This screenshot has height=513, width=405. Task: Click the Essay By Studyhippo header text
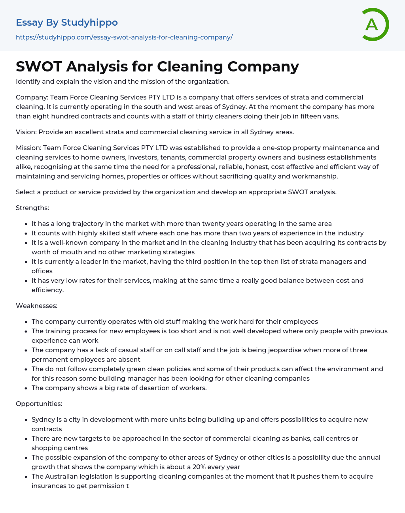tap(67, 23)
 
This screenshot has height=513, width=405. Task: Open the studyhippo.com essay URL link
tap(124, 37)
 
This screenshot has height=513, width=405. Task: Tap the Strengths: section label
tap(32, 208)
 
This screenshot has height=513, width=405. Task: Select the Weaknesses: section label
tap(37, 306)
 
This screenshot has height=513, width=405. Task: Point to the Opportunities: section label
tap(39, 404)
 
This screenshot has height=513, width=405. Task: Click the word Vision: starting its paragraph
tap(26, 132)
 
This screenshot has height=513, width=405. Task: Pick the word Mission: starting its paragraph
tap(28, 148)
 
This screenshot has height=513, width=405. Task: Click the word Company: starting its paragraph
tap(32, 97)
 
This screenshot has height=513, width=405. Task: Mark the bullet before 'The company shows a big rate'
tap(26, 388)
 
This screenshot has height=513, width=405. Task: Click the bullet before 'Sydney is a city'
tap(26, 420)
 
